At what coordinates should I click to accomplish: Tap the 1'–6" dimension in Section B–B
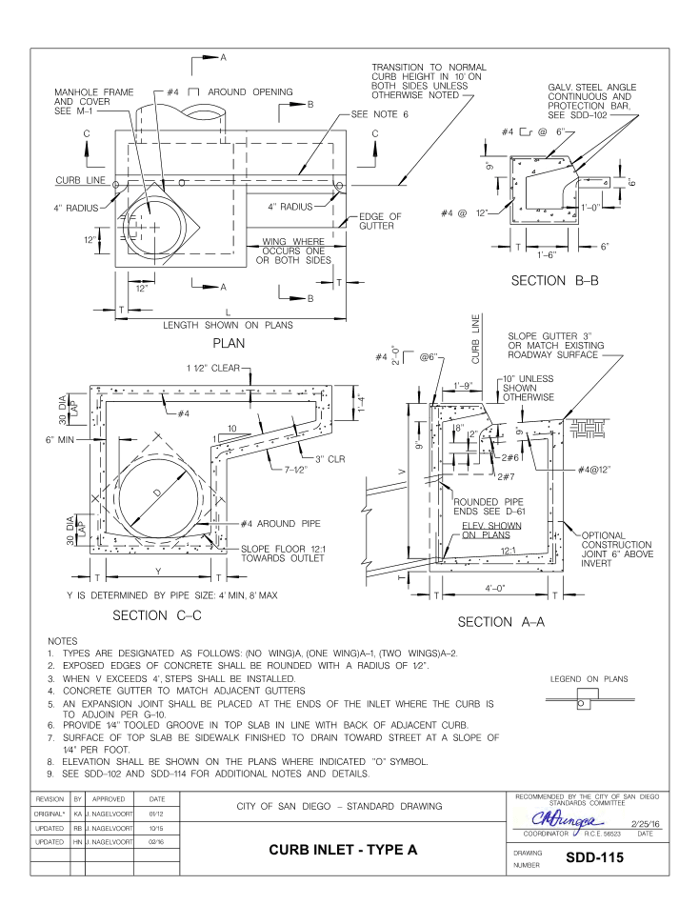(545, 255)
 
